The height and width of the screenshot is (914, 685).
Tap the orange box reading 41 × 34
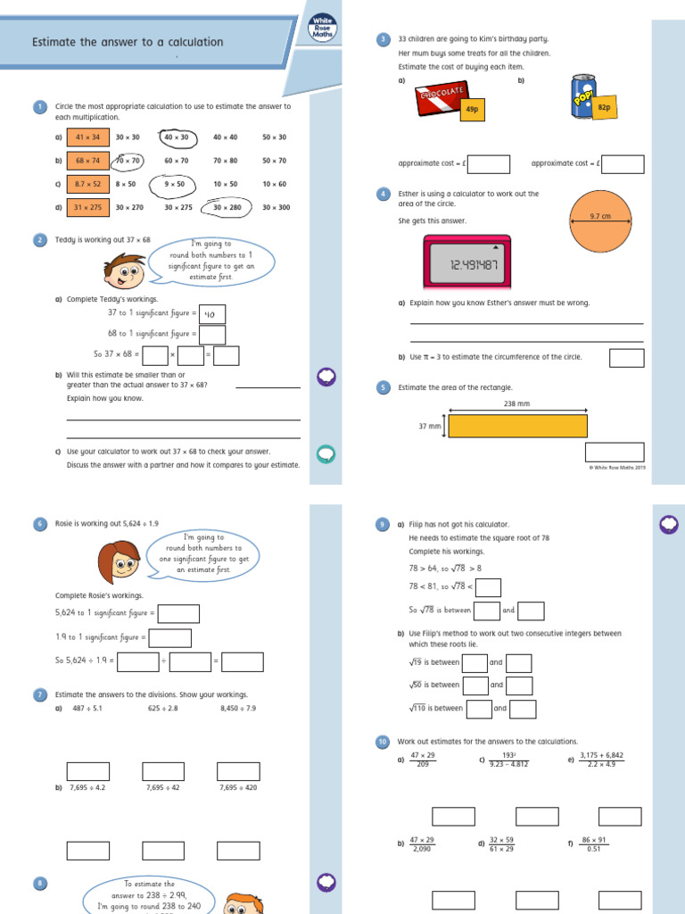pos(87,137)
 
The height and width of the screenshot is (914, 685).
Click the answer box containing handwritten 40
pos(212,314)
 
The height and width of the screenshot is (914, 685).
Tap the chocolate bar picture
pos(440,97)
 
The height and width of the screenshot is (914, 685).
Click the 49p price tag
pos(472,109)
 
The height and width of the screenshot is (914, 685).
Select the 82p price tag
pos(604,107)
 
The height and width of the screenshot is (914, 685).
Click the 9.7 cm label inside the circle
pos(600,216)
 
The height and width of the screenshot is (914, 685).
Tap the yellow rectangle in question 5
pos(517,426)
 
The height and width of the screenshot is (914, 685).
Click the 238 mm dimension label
pos(517,403)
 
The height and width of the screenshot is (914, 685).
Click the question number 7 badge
pos(39,694)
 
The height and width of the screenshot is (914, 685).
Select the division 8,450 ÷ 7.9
pos(238,709)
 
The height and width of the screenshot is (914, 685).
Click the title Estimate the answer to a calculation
pos(128,42)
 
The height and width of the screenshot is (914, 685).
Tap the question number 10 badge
pos(383,742)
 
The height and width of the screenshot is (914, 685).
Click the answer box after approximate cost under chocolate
pos(488,164)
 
